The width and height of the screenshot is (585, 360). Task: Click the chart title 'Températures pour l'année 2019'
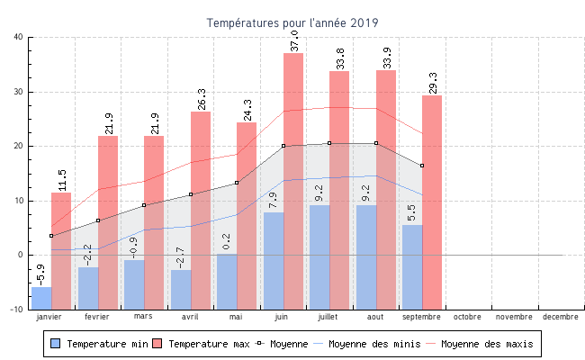[292, 22]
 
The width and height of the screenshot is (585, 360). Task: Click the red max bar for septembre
[432, 198]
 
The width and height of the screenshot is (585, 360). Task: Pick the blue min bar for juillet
[319, 256]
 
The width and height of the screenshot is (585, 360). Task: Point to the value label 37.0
[294, 40]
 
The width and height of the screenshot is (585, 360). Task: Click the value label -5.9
[40, 274]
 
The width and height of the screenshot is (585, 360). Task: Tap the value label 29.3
[433, 82]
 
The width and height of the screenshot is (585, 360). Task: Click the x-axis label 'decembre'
[561, 317]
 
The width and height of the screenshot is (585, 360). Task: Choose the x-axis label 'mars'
[143, 317]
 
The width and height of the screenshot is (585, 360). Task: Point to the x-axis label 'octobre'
[467, 317]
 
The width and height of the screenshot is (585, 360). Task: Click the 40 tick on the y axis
[19, 37]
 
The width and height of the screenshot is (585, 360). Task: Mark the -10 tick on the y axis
[17, 310]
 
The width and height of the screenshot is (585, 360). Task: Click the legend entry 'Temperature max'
[201, 344]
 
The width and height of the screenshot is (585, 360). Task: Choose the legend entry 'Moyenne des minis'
[373, 344]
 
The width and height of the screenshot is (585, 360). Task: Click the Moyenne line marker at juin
[283, 146]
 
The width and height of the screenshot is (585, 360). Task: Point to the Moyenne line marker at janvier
[51, 236]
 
